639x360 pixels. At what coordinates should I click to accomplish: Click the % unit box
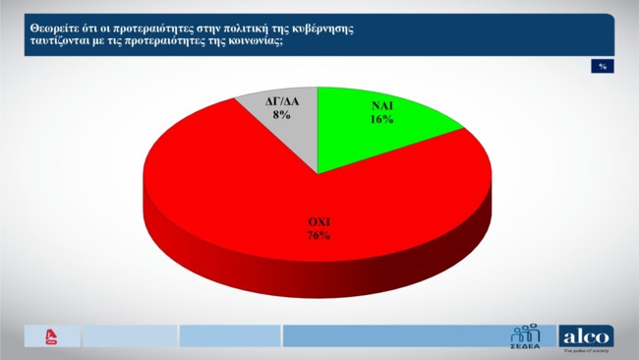(601, 66)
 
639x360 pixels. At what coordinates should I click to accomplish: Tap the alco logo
(586, 334)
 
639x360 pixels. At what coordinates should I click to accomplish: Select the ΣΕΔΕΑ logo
(527, 335)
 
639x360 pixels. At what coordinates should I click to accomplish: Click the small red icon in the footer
(50, 335)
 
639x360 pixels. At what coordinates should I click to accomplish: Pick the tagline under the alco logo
(586, 351)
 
